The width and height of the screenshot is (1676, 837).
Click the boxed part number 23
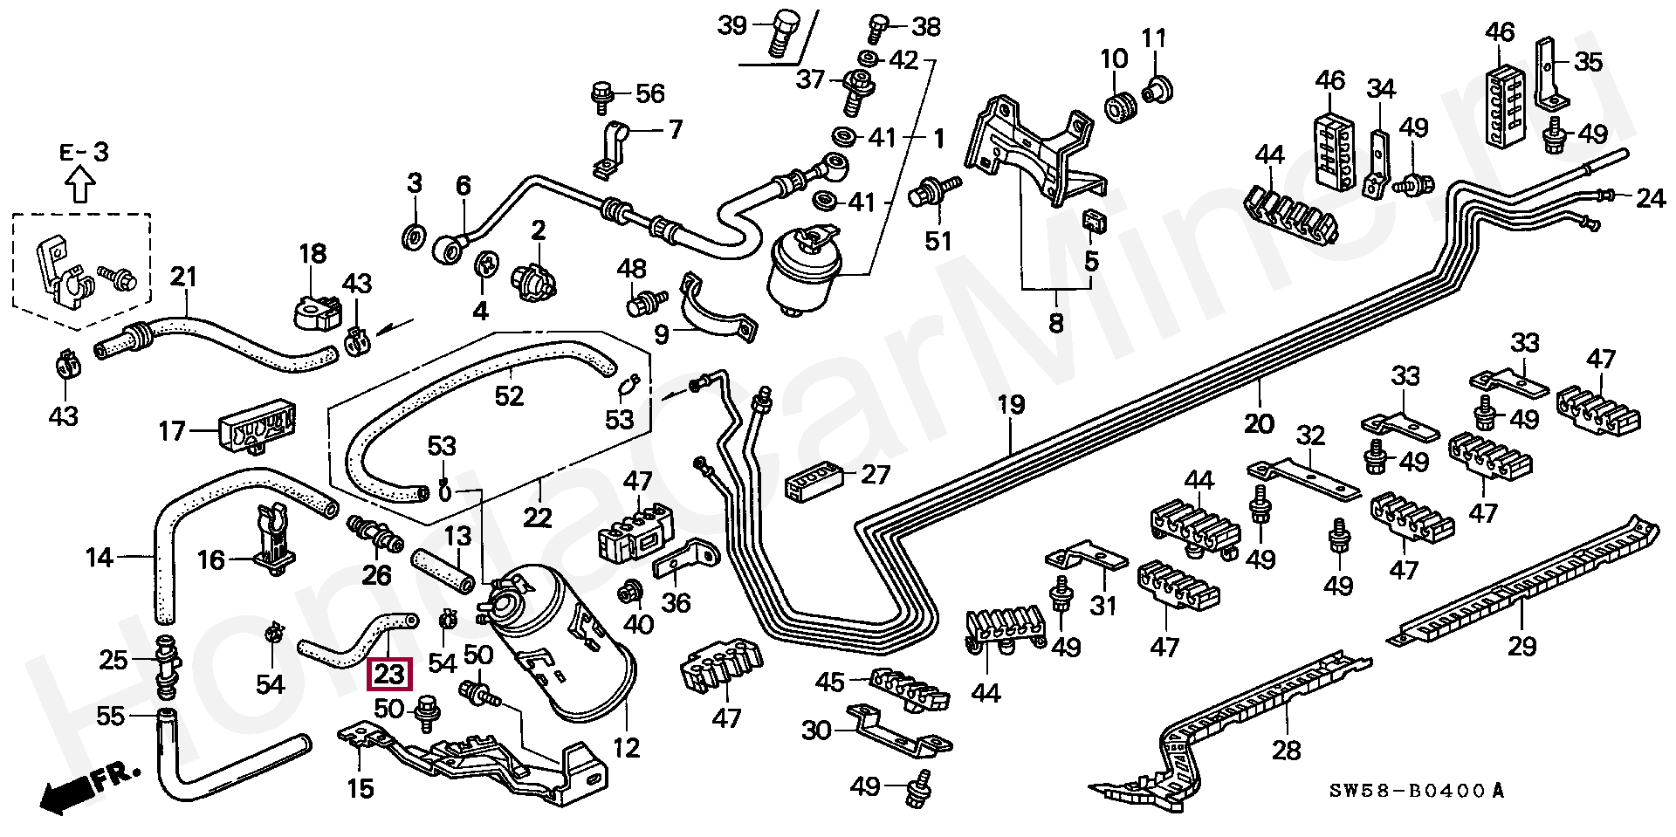pyautogui.click(x=388, y=674)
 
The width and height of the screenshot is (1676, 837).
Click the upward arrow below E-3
pyautogui.click(x=80, y=185)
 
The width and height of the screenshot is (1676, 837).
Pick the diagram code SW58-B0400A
pyautogui.click(x=1417, y=792)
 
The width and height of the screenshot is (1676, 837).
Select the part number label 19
pyautogui.click(x=1010, y=405)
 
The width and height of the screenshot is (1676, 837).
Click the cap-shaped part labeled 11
pyautogui.click(x=1158, y=89)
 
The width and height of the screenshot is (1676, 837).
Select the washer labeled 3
pyautogui.click(x=413, y=236)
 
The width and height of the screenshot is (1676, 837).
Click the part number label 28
pyautogui.click(x=1286, y=750)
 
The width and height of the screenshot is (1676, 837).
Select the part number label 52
pyautogui.click(x=509, y=395)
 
